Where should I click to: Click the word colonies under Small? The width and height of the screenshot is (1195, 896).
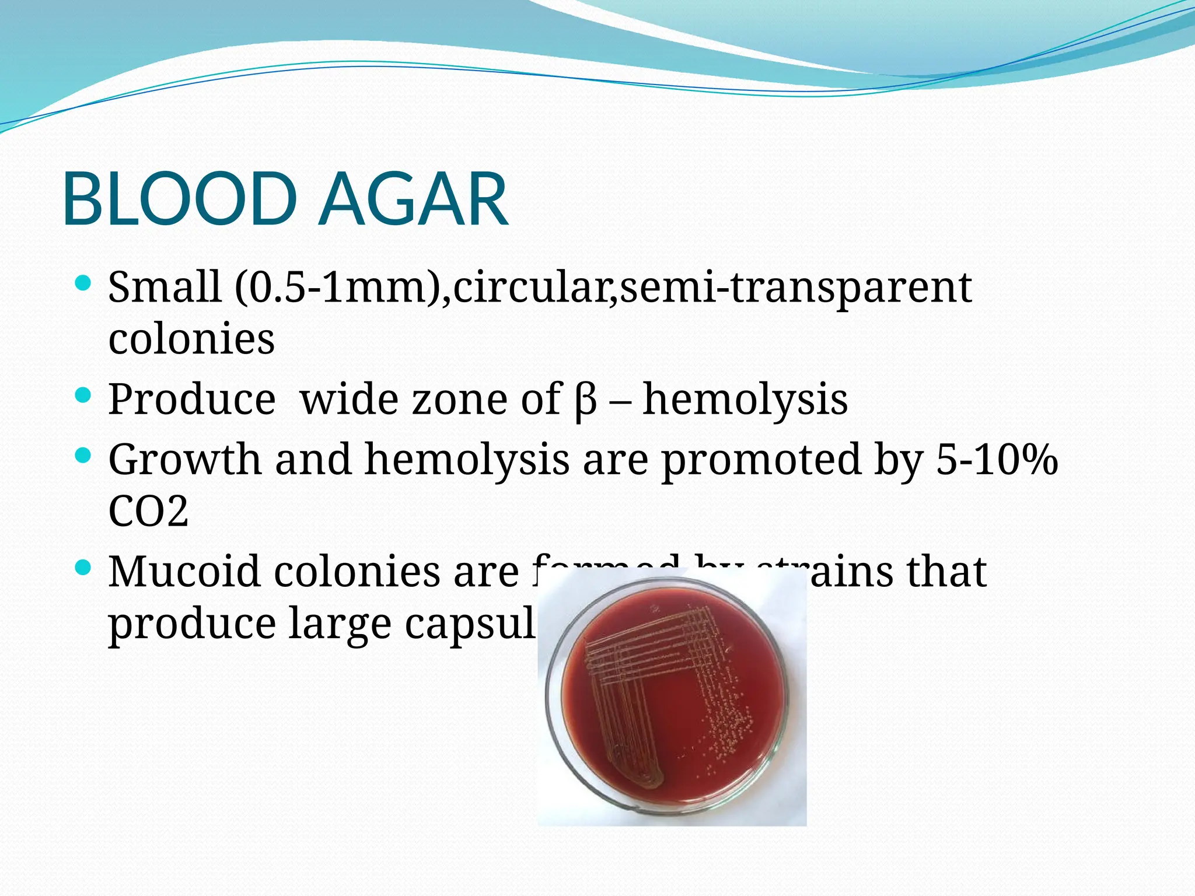pos(191,339)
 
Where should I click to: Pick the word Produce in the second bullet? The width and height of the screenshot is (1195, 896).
pos(191,400)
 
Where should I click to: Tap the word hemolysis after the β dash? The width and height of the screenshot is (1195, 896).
pos(745,400)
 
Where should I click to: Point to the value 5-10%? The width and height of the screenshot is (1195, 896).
pos(997,460)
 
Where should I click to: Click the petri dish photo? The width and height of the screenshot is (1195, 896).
pos(672,700)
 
